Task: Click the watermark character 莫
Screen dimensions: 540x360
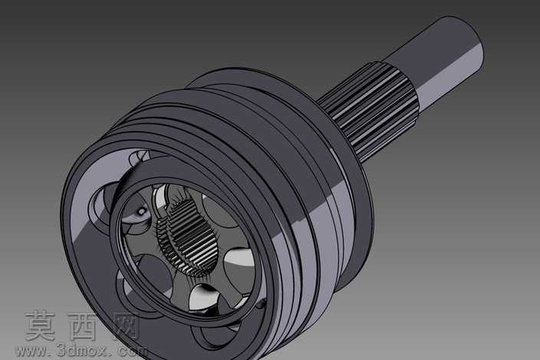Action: click(41, 325)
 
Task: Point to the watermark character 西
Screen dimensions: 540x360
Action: click(82, 326)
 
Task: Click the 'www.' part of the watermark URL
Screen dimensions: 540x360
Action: click(34, 351)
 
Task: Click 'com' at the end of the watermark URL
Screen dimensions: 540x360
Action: click(132, 351)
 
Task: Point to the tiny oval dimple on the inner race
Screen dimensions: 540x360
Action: click(142, 211)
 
